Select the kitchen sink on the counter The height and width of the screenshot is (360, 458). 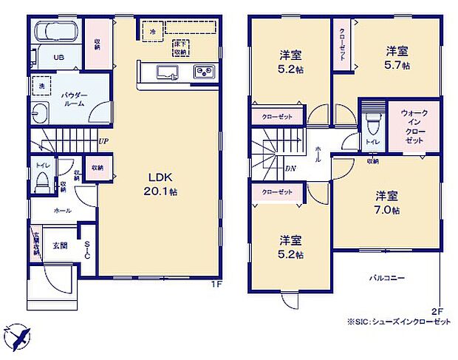click(x=163, y=72)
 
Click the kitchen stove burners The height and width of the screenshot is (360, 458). click(x=203, y=72)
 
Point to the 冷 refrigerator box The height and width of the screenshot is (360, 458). click(x=152, y=31)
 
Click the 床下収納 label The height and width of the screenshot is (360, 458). click(x=180, y=49)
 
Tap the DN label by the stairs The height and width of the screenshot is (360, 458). click(x=291, y=167)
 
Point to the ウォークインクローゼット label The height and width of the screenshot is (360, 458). click(x=414, y=126)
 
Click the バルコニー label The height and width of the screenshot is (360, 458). click(x=388, y=278)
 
